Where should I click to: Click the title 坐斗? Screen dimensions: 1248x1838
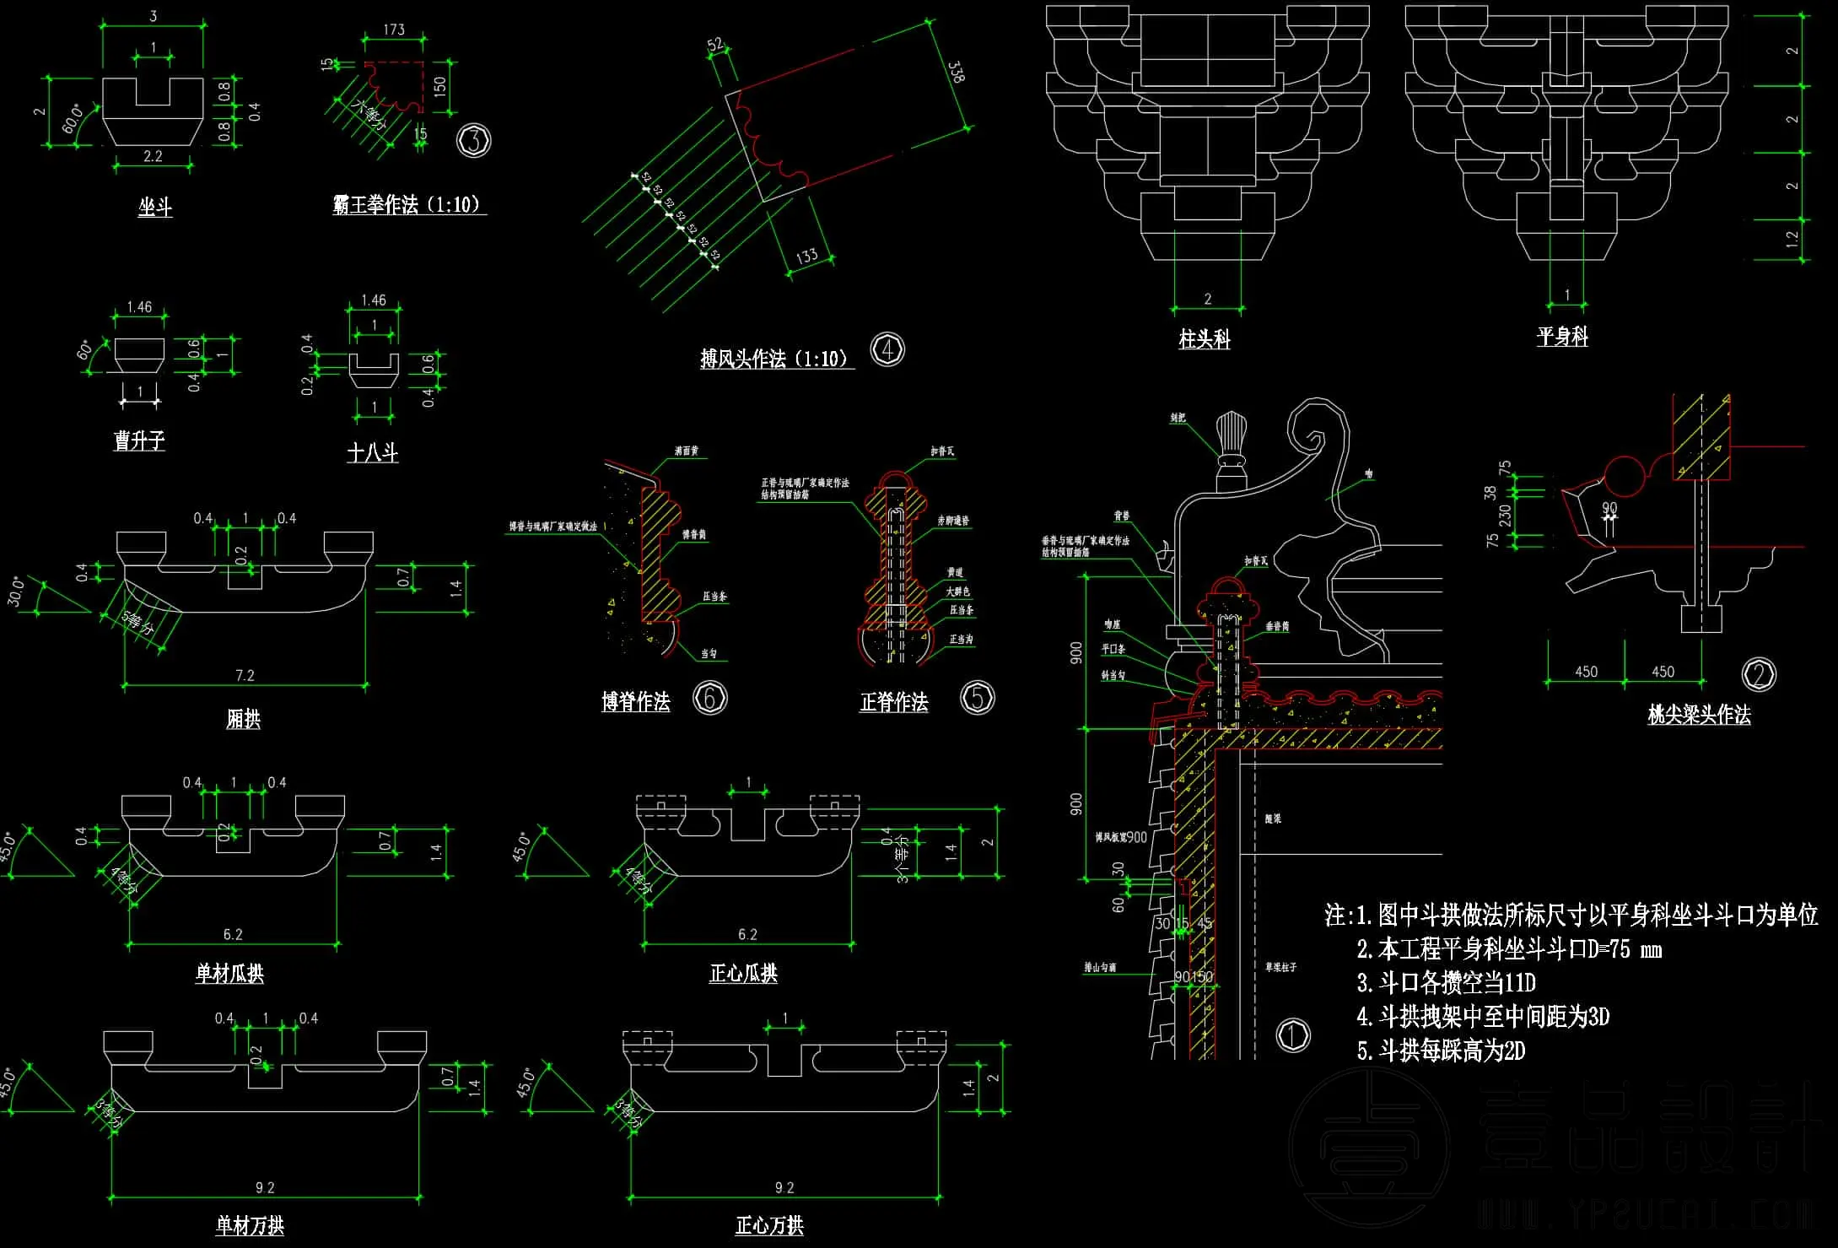pyautogui.click(x=155, y=207)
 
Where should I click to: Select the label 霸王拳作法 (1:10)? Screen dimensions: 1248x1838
pyautogui.click(x=408, y=204)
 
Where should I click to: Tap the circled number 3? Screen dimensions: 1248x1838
pyautogui.click(x=474, y=140)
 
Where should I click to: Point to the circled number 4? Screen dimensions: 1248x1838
pyautogui.click(x=887, y=349)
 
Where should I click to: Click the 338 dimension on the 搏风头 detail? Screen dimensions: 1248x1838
pyautogui.click(x=956, y=72)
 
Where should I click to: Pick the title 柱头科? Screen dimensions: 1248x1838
pyautogui.click(x=1205, y=339)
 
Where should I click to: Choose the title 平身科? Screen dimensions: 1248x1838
pyautogui.click(x=1562, y=337)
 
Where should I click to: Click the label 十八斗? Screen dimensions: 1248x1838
pyautogui.click(x=373, y=453)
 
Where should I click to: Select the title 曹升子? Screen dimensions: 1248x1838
pyautogui.click(x=139, y=440)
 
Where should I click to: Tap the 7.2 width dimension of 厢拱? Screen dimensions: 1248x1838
pyautogui.click(x=245, y=675)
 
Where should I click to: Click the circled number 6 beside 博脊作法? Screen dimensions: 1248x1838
pyautogui.click(x=710, y=698)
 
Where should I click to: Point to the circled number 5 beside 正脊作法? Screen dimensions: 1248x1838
pyautogui.click(x=978, y=698)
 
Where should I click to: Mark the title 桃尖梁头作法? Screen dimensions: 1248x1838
pyautogui.click(x=1699, y=715)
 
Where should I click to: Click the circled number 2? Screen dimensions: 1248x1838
pyautogui.click(x=1759, y=674)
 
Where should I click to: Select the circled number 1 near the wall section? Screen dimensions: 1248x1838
pyautogui.click(x=1293, y=1035)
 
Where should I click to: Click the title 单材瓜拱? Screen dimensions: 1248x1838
pyautogui.click(x=229, y=973)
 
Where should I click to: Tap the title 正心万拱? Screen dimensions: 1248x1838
pyautogui.click(x=769, y=1225)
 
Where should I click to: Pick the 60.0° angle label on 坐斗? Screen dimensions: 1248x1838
pyautogui.click(x=73, y=118)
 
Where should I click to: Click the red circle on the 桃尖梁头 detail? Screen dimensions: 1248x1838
pyautogui.click(x=1625, y=476)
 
